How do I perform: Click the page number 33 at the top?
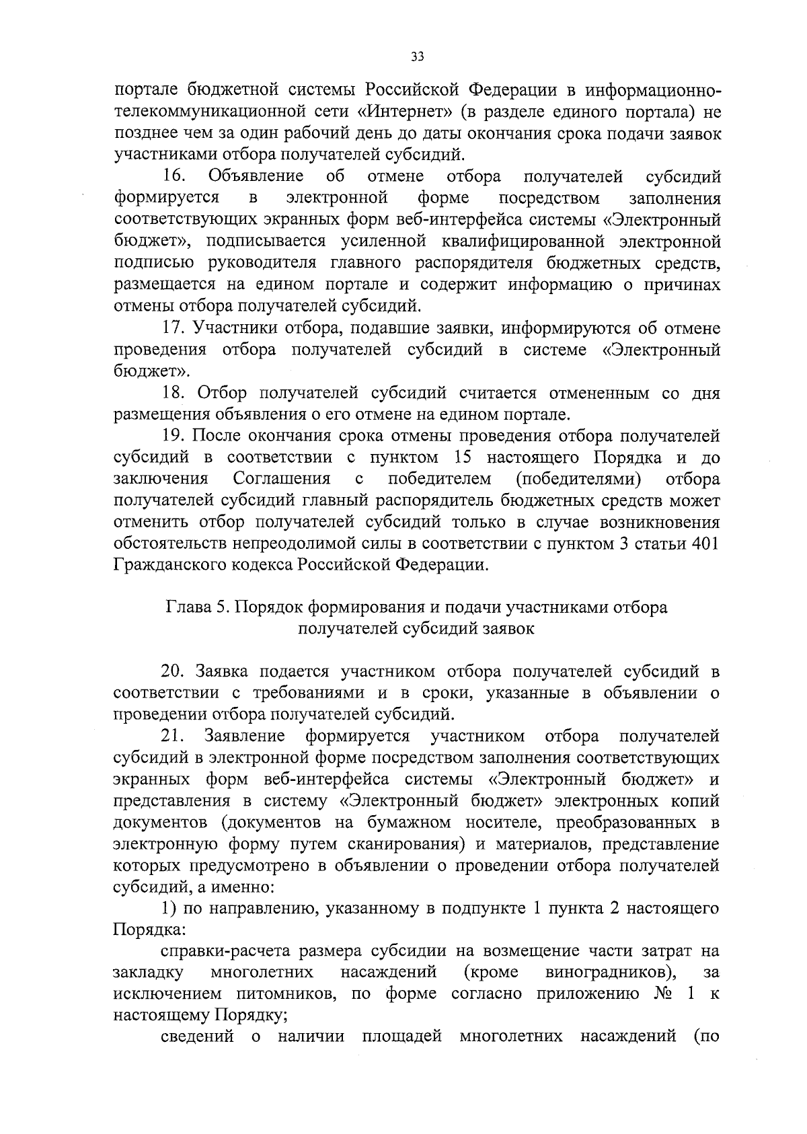coord(417,58)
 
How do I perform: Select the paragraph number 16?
coord(174,177)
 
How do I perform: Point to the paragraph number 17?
coord(174,329)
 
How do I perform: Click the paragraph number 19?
coord(174,437)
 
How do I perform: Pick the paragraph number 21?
coord(174,736)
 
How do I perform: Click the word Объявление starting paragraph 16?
coord(256,177)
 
